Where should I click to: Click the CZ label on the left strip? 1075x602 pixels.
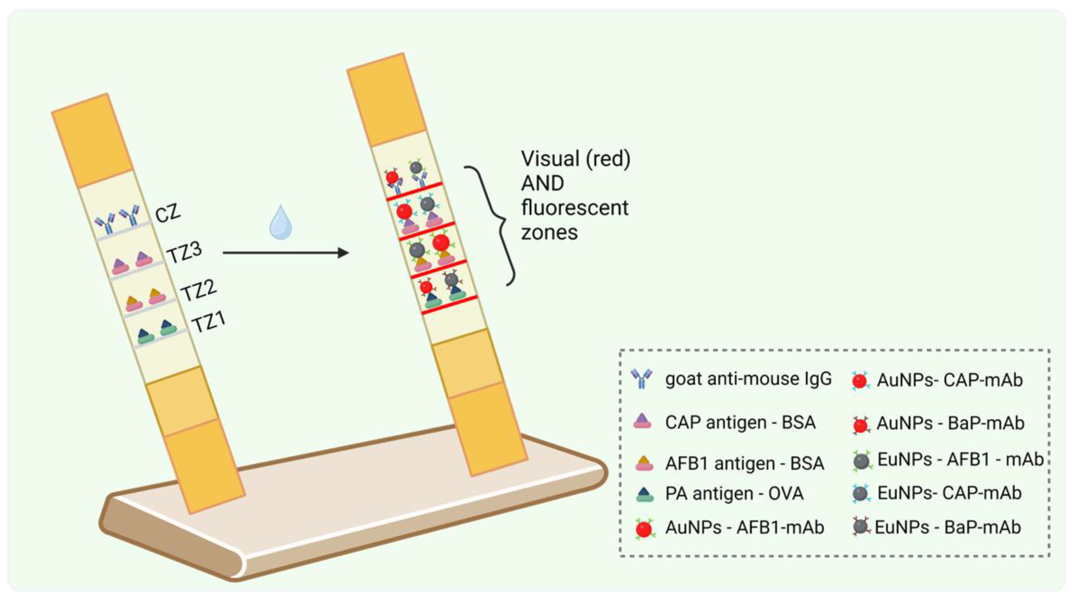pyautogui.click(x=168, y=213)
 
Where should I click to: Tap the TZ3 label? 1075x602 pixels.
pyautogui.click(x=184, y=252)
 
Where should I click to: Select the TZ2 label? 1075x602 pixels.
pyautogui.click(x=199, y=289)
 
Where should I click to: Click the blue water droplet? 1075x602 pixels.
pyautogui.click(x=281, y=223)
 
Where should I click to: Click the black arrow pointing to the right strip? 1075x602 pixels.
pyautogui.click(x=286, y=253)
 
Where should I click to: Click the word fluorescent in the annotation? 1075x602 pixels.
pyautogui.click(x=575, y=208)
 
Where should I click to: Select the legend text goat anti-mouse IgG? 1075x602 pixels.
pyautogui.click(x=748, y=379)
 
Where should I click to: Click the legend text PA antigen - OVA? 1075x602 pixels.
pyautogui.click(x=734, y=493)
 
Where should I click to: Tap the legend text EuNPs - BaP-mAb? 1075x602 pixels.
pyautogui.click(x=948, y=527)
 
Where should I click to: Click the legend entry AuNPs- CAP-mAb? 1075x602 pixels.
pyautogui.click(x=950, y=380)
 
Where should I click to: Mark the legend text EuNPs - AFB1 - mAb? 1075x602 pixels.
pyautogui.click(x=960, y=459)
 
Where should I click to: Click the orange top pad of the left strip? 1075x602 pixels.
pyautogui.click(x=93, y=141)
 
